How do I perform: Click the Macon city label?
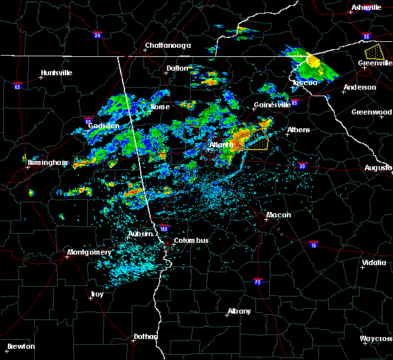click(x=278, y=215)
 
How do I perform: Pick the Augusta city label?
click(x=378, y=168)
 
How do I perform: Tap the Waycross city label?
click(x=376, y=338)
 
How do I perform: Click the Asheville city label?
click(x=365, y=7)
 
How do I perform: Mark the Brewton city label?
click(x=21, y=346)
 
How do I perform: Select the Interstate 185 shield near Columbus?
click(x=166, y=229)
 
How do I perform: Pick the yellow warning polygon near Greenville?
click(x=374, y=51)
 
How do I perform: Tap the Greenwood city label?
click(x=371, y=112)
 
